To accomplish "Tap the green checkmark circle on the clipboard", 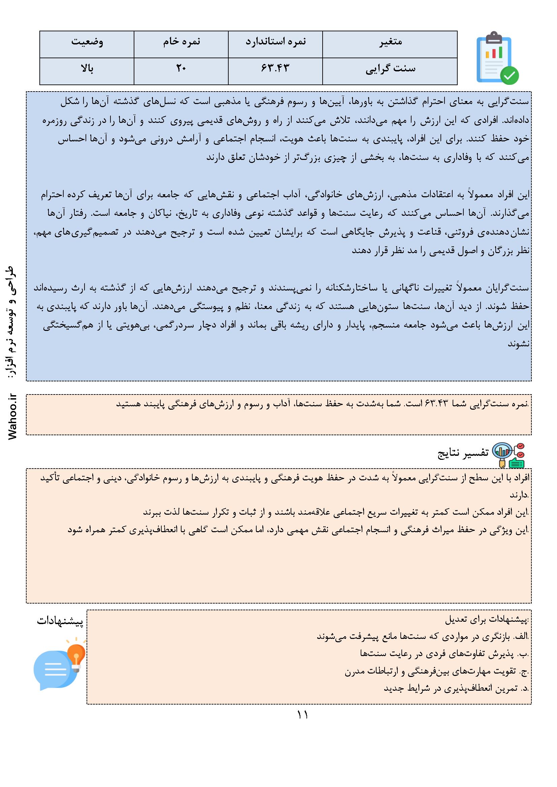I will tap(510, 75).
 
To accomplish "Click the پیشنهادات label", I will tap(60, 621).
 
